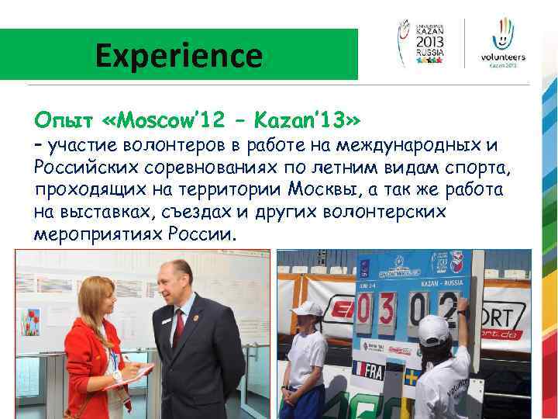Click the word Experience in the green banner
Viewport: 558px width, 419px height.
tap(179, 56)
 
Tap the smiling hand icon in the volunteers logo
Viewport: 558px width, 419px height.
tap(503, 35)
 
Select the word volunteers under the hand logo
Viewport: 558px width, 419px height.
tap(503, 57)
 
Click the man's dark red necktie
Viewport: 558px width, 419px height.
tap(180, 329)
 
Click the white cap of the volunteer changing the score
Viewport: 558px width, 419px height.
tap(434, 329)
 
